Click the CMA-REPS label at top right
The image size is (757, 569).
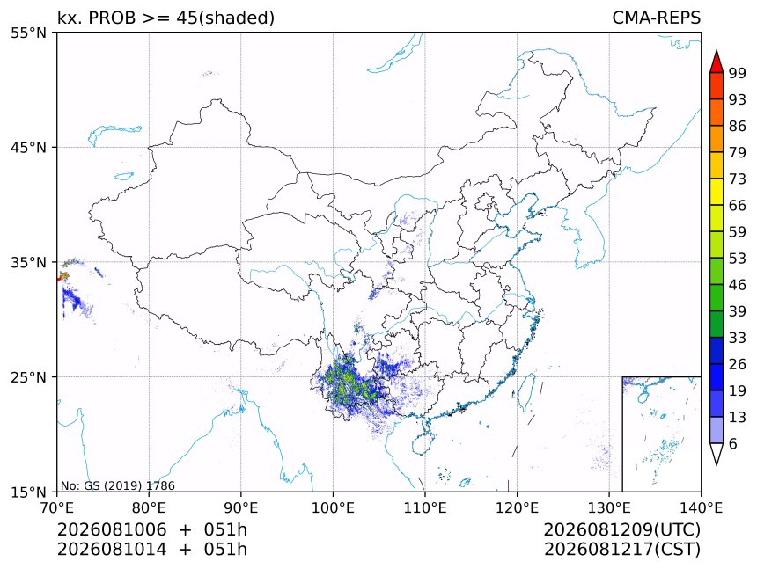(x=656, y=18)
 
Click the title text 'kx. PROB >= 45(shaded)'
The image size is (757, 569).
(x=166, y=18)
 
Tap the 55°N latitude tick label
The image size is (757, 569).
(x=28, y=33)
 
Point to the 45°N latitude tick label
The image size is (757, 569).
(x=28, y=147)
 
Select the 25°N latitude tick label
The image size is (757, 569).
(x=28, y=376)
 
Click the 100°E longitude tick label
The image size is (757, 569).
(x=333, y=507)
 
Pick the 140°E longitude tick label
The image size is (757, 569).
(x=701, y=507)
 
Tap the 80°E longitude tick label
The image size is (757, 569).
(x=149, y=507)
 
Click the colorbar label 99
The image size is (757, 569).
(x=738, y=73)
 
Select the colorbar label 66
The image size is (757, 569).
(x=738, y=206)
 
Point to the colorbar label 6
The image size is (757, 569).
(x=733, y=443)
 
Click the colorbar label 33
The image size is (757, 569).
(x=738, y=338)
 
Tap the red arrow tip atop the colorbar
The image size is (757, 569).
(x=717, y=50)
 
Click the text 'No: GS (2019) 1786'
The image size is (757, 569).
(x=117, y=485)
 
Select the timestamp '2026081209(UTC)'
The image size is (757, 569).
(x=621, y=529)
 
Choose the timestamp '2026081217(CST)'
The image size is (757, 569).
(x=621, y=550)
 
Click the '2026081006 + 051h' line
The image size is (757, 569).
(x=152, y=529)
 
